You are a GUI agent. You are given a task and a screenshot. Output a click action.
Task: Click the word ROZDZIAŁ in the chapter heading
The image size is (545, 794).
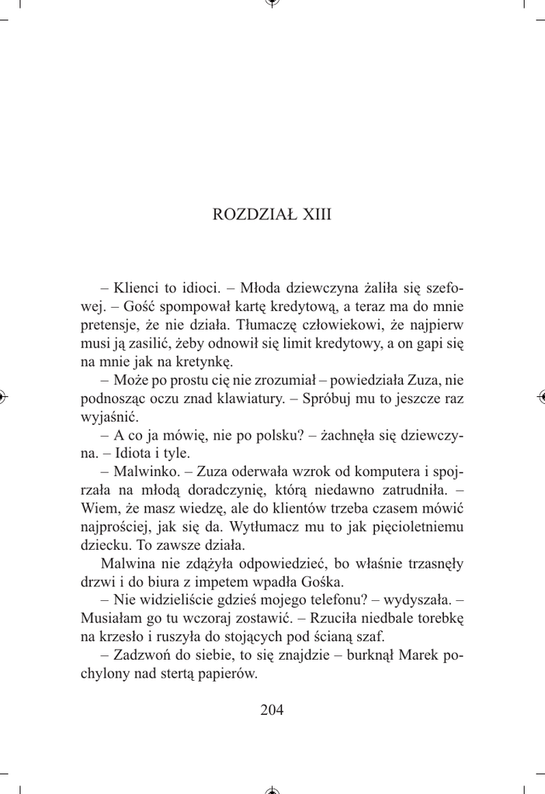[249, 215]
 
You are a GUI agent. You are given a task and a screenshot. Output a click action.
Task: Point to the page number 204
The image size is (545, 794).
[272, 709]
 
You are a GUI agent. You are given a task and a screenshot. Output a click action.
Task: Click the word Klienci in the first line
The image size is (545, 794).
[137, 287]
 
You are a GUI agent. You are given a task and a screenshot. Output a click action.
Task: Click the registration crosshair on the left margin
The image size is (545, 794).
[5, 396]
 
